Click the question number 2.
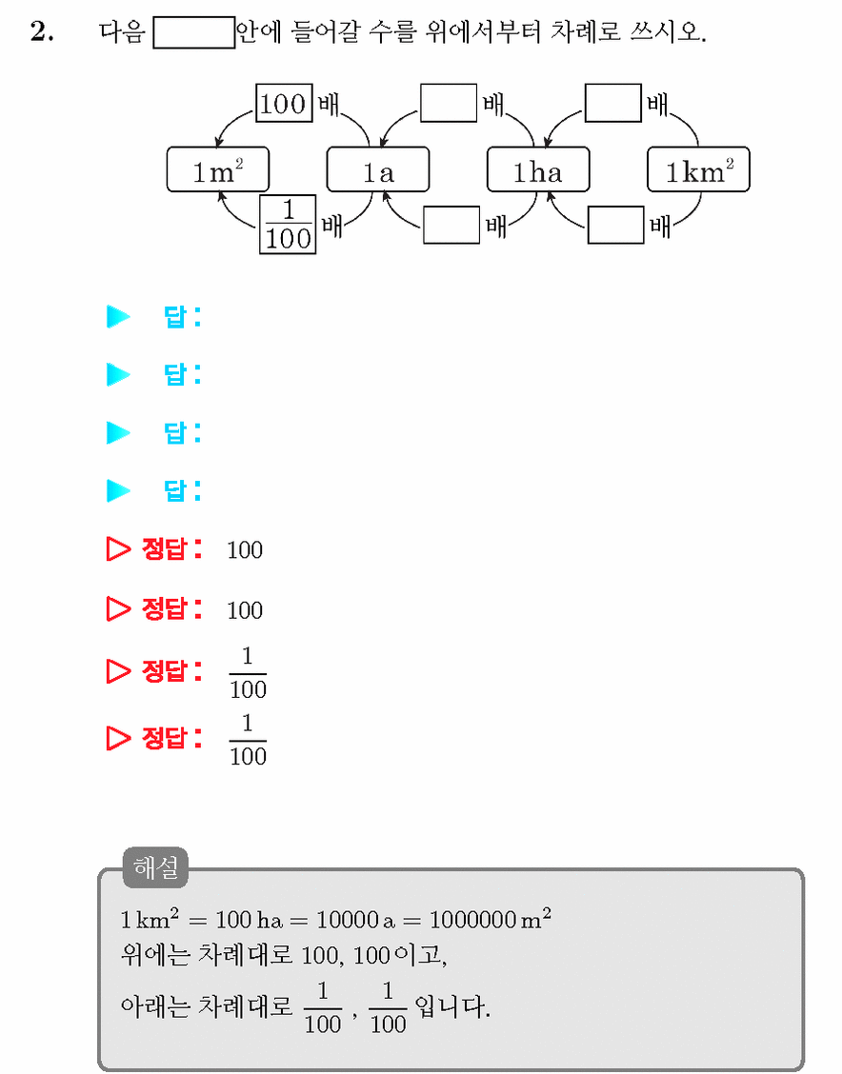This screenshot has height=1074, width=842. (x=42, y=31)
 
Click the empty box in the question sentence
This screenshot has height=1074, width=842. (x=194, y=33)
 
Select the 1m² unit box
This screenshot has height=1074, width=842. (x=218, y=169)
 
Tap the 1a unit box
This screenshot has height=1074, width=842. (x=378, y=169)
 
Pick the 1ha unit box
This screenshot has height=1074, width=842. (x=538, y=169)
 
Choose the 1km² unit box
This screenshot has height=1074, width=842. (x=699, y=169)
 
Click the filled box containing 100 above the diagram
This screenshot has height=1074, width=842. (x=285, y=104)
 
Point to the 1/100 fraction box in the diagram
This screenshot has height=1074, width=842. (x=288, y=224)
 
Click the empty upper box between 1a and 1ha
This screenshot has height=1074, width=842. (x=449, y=104)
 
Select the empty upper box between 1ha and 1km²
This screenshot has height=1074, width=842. (x=613, y=104)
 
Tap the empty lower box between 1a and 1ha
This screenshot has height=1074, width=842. (x=451, y=225)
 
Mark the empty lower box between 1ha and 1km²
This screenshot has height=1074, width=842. (x=616, y=225)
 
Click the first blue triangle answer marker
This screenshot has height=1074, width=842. (x=118, y=316)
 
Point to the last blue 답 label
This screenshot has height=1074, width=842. (x=182, y=490)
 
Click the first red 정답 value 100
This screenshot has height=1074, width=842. (x=245, y=550)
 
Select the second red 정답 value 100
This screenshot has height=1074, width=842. (x=245, y=610)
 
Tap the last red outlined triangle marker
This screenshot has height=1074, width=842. (x=118, y=738)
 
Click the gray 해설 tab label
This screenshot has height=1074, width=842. (x=155, y=867)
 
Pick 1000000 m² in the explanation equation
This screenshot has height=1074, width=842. (x=491, y=918)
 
